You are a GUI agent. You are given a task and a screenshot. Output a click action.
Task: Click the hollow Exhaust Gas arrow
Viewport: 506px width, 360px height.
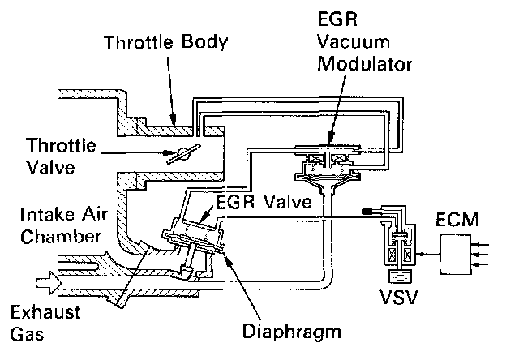point(42,285)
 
